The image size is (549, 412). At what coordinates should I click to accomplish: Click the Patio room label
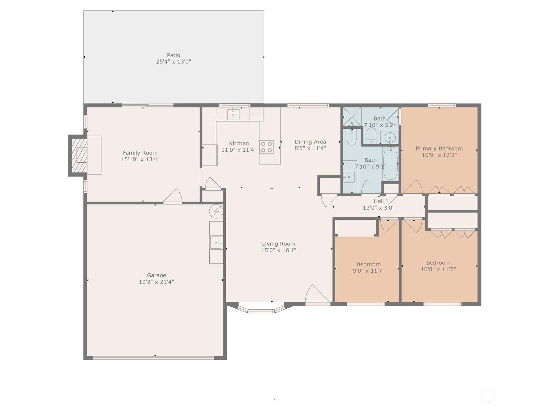[x=173, y=55]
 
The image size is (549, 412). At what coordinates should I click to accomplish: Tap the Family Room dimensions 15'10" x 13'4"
[x=140, y=159]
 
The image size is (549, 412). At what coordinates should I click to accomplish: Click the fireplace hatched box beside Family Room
[x=79, y=155]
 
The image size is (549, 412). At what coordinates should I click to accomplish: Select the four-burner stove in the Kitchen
[x=266, y=147]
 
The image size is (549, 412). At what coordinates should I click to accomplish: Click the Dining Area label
[x=310, y=141]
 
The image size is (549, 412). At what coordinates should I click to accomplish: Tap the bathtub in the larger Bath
[x=390, y=163]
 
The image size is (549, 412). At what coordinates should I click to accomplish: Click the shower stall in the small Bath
[x=352, y=116]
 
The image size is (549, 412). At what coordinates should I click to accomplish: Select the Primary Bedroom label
[x=439, y=148]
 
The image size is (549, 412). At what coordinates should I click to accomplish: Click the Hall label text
[x=378, y=201]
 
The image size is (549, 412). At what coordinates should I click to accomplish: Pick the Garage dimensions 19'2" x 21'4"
[x=156, y=282]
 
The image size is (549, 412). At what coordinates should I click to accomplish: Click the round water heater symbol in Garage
[x=216, y=211]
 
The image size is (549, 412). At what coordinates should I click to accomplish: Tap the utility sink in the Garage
[x=216, y=243]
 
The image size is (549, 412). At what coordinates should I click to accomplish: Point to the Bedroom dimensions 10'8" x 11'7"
[x=438, y=270]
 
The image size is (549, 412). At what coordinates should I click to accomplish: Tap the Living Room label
[x=278, y=244]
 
